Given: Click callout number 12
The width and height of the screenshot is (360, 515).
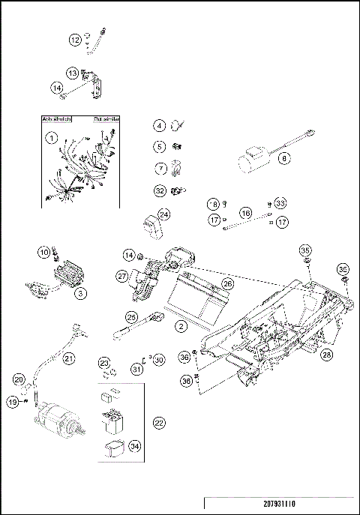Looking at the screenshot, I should pos(75,40).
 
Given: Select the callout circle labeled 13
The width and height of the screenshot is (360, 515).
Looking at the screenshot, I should pos(73,73).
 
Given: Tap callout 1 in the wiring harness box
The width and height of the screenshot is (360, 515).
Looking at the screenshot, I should pos(51,138).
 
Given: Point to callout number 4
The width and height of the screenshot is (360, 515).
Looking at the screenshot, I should pos(160,126).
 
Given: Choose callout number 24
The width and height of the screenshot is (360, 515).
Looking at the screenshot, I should pos(163,214).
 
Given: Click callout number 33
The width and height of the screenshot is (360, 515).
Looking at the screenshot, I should pos(280,203).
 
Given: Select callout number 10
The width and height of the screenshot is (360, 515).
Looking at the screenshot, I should pos(43,252).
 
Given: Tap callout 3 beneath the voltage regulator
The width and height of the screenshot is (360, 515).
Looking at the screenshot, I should pos(79,294).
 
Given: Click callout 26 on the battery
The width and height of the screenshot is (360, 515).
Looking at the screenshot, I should pos(228,285).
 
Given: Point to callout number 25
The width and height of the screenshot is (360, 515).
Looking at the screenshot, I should pos(130,317).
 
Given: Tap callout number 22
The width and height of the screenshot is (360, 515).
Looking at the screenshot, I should pos(158,423).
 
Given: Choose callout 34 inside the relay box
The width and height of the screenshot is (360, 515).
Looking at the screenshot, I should pos(134,447).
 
